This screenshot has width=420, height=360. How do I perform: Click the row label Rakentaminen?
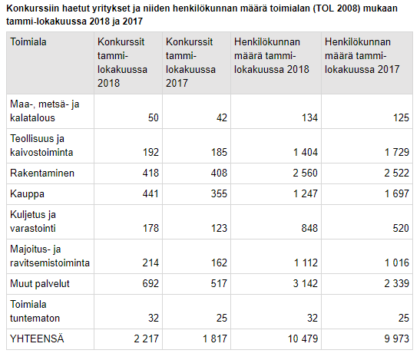tap(42, 173)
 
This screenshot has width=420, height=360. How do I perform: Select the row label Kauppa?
tap(27, 194)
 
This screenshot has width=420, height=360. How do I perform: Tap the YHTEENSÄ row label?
tap(37, 339)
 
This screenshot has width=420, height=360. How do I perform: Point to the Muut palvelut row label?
tap(40, 283)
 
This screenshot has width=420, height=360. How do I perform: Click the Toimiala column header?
tap(28, 41)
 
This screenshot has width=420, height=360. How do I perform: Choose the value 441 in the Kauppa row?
tap(150, 193)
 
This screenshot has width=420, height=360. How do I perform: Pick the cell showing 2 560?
tap(305, 173)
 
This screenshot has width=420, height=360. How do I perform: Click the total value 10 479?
tap(303, 339)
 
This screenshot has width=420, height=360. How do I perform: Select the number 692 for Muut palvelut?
tap(150, 283)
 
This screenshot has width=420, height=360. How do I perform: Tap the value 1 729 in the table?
tap(397, 153)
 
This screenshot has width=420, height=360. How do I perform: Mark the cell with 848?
tap(309, 228)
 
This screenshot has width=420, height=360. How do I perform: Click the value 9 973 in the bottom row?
tap(397, 339)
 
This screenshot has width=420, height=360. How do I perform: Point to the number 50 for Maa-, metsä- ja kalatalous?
tap(154, 118)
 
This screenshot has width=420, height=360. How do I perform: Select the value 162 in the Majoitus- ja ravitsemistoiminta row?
tap(219, 263)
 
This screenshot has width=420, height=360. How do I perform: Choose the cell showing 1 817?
tap(215, 339)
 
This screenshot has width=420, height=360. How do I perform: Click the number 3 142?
tap(306, 283)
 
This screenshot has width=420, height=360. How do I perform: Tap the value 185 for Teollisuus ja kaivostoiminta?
tap(219, 153)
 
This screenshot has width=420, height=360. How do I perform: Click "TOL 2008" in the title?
tap(336, 8)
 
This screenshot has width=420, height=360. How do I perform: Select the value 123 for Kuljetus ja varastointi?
tap(219, 228)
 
